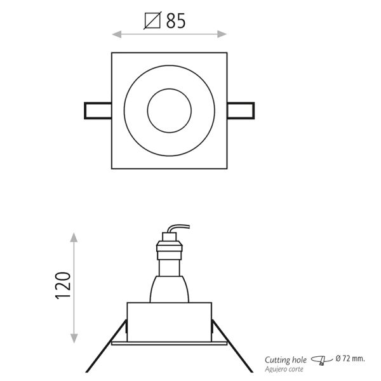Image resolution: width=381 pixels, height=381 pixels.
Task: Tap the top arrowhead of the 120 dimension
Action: pos(75,237)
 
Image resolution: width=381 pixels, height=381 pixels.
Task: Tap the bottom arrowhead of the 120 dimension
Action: pos(75,340)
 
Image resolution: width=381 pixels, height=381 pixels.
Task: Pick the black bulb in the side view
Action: pos(170,290)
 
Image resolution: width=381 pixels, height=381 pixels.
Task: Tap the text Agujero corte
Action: pos(285,368)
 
